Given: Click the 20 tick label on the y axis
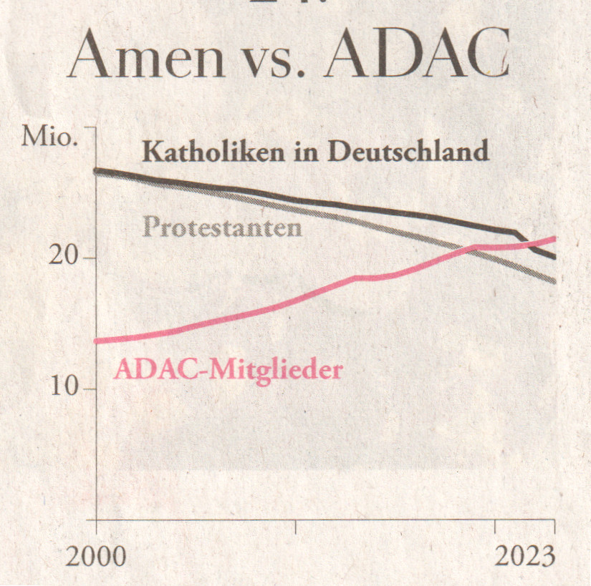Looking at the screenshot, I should click(x=62, y=257).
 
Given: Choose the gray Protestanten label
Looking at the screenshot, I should click(x=221, y=228).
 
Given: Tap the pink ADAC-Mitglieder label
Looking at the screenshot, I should click(x=228, y=370).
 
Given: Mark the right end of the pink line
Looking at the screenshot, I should click(x=554, y=239).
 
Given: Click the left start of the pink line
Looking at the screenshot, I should click(x=97, y=341).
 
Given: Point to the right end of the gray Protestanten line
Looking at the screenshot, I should click(x=554, y=280).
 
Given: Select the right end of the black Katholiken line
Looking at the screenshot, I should click(x=554, y=257).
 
